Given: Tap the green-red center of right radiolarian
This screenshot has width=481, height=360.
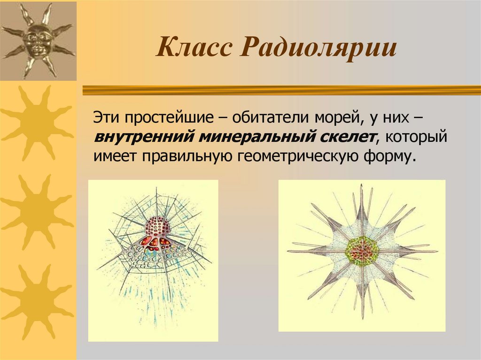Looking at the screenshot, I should pos(362,251).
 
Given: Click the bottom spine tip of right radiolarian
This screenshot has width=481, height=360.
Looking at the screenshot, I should pos(362,317).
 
